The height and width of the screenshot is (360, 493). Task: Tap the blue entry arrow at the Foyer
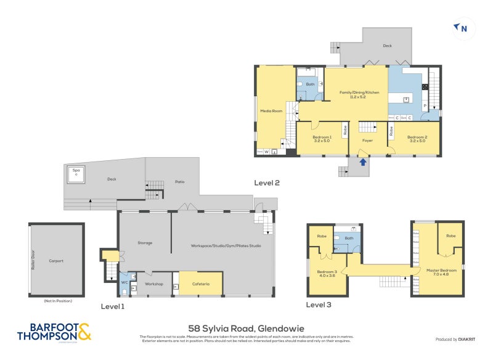(362, 162)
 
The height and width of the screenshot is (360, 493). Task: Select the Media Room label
(271, 112)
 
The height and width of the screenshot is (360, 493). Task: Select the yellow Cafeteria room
(200, 284)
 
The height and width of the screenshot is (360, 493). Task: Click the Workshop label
(153, 284)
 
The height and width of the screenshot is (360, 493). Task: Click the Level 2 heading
(267, 182)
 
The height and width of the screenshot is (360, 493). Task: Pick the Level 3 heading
(319, 305)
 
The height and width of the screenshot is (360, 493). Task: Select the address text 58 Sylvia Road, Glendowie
(246, 329)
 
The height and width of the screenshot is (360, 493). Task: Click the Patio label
(179, 181)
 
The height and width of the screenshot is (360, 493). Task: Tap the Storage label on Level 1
(145, 243)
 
